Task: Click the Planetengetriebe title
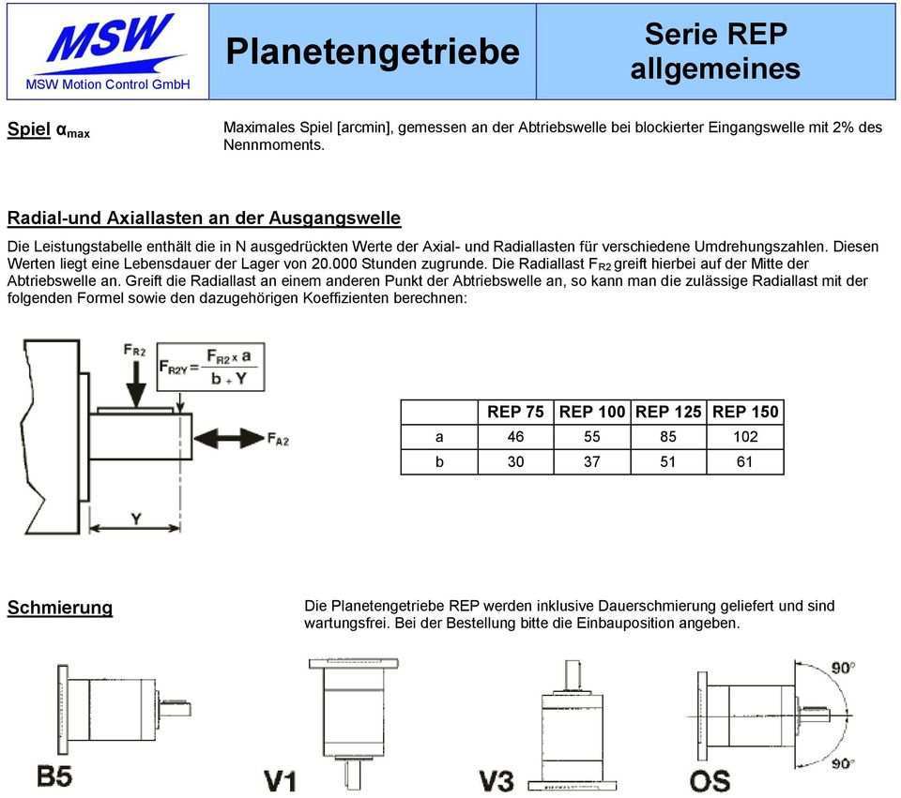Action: point(372,51)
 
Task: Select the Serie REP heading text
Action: point(715,35)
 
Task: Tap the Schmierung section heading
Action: point(60,608)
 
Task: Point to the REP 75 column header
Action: point(515,412)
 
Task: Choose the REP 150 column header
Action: point(744,412)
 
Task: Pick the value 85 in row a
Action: point(668,437)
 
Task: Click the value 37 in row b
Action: point(591,461)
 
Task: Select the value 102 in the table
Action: point(744,437)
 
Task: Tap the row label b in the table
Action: point(439,461)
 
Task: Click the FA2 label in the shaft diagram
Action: point(278,438)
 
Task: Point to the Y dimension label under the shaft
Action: point(136,518)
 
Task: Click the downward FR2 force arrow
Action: point(135,380)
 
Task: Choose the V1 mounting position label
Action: point(281,779)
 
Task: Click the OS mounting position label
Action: point(710,779)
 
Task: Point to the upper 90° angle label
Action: point(841,668)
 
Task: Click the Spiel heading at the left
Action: point(48,129)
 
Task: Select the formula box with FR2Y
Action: point(211,367)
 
